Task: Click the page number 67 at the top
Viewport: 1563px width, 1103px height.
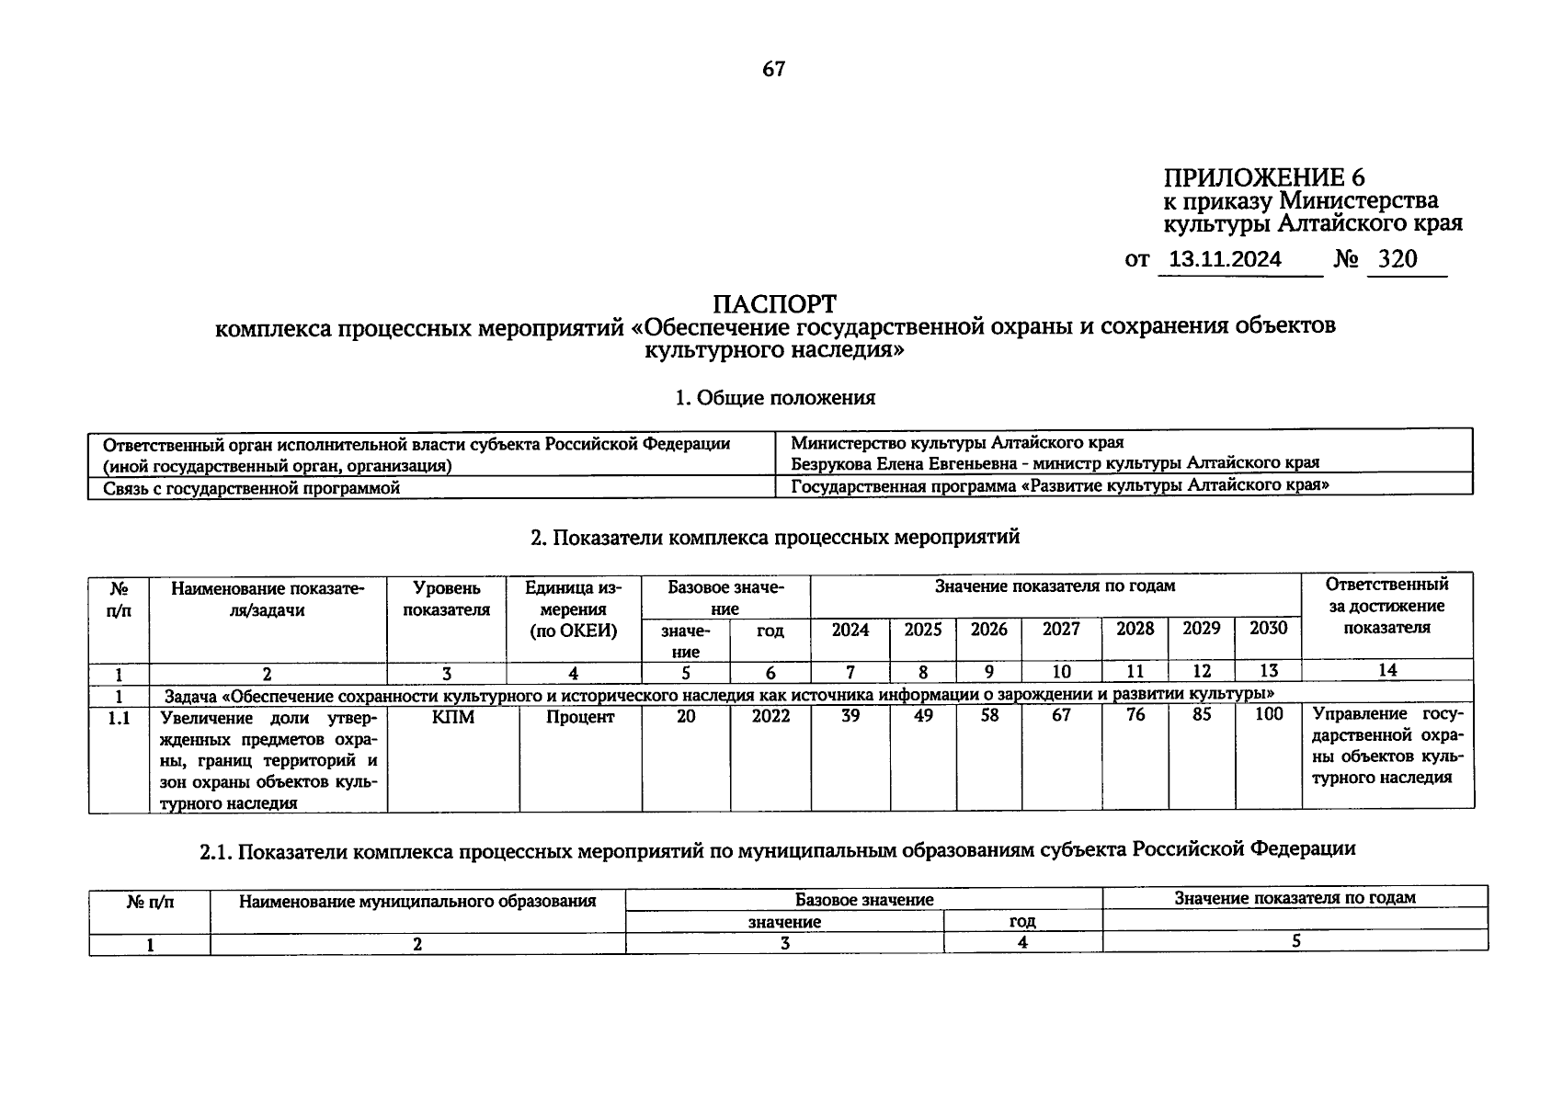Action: [x=773, y=70]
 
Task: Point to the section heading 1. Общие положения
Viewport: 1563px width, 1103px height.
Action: [x=774, y=398]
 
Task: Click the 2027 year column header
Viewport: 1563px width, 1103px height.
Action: [x=1061, y=630]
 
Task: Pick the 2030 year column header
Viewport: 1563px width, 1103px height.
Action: [x=1268, y=629]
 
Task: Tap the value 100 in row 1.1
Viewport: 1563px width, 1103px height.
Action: [x=1268, y=715]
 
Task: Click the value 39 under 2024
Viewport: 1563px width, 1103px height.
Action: [x=850, y=715]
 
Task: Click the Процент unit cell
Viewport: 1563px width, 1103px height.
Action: [x=579, y=717]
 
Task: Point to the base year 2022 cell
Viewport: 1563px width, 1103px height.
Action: [x=770, y=717]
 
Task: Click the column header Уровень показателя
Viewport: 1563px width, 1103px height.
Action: [x=446, y=598]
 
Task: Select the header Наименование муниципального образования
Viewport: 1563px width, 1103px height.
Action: [x=416, y=902]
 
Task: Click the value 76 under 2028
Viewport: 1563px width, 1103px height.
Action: [x=1135, y=715]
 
